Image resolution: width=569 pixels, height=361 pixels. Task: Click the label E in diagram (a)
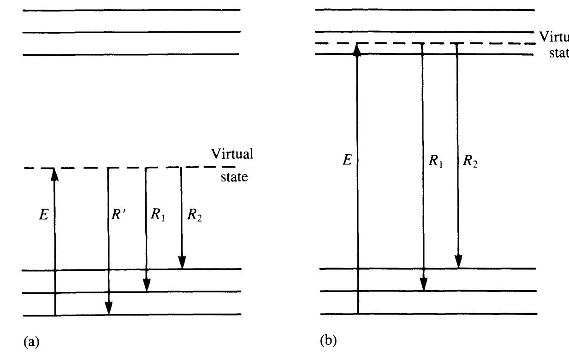(x=44, y=215)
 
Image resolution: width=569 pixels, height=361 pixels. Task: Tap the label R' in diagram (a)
(x=119, y=215)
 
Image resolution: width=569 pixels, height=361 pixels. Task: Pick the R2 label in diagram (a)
(x=194, y=215)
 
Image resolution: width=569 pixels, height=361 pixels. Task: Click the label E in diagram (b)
(x=347, y=160)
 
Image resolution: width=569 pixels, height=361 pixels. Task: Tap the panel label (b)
(x=328, y=341)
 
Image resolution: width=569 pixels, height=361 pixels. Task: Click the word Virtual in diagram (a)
(x=232, y=154)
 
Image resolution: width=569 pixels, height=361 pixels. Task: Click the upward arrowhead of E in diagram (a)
(x=54, y=174)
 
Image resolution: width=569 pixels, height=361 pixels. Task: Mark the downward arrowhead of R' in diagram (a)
(x=108, y=308)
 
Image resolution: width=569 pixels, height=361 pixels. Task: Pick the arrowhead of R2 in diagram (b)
(x=458, y=261)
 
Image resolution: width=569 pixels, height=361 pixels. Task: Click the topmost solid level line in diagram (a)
(x=131, y=10)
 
